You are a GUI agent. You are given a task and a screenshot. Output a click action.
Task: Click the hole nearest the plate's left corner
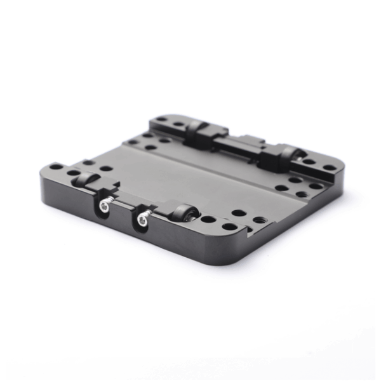(x=56, y=167)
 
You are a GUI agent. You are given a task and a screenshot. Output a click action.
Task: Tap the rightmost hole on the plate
(x=330, y=168)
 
